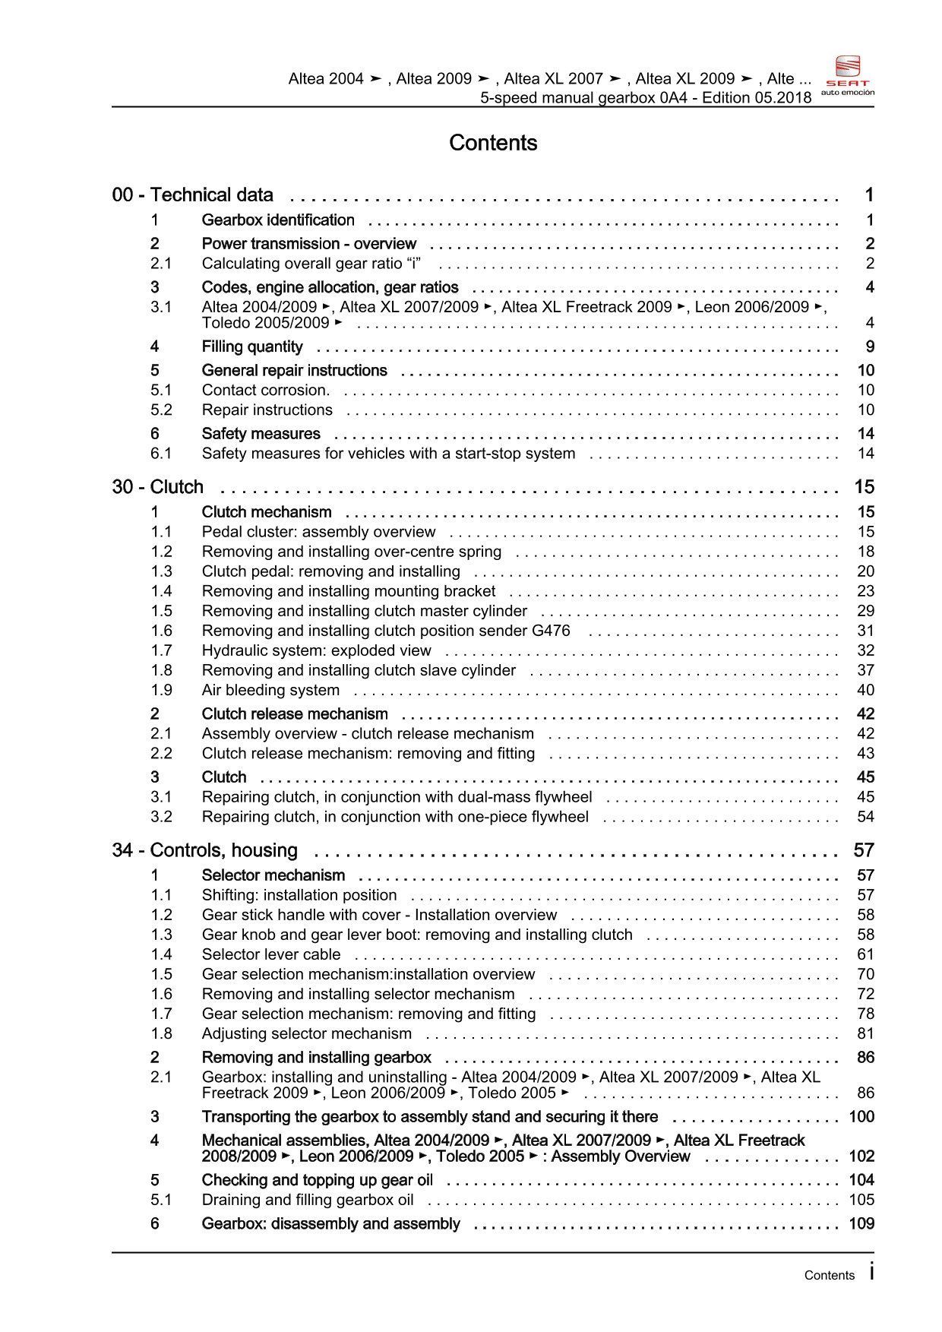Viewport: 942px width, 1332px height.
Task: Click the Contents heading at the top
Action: click(x=493, y=143)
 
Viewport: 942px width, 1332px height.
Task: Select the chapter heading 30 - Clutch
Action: click(x=157, y=487)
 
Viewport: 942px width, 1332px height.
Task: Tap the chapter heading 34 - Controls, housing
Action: click(x=204, y=850)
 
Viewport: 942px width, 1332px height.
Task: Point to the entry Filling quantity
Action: click(x=251, y=347)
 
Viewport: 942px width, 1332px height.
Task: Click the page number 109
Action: click(x=861, y=1224)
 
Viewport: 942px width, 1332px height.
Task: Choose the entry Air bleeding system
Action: click(x=270, y=691)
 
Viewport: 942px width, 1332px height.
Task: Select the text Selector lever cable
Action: click(x=270, y=955)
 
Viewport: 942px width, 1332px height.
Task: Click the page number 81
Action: click(x=865, y=1034)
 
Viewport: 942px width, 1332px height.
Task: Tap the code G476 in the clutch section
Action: click(x=551, y=631)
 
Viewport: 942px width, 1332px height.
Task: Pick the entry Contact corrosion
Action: click(x=265, y=391)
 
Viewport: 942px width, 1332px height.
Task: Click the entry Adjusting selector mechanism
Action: click(x=306, y=1034)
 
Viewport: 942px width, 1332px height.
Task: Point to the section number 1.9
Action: click(x=161, y=691)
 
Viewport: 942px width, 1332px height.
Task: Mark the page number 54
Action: click(x=865, y=818)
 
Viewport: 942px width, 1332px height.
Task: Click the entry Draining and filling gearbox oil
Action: click(x=307, y=1201)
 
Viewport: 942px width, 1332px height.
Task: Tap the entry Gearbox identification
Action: click(x=277, y=220)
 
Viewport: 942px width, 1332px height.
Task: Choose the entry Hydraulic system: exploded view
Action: click(x=316, y=651)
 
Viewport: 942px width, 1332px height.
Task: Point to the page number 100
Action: click(x=861, y=1117)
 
